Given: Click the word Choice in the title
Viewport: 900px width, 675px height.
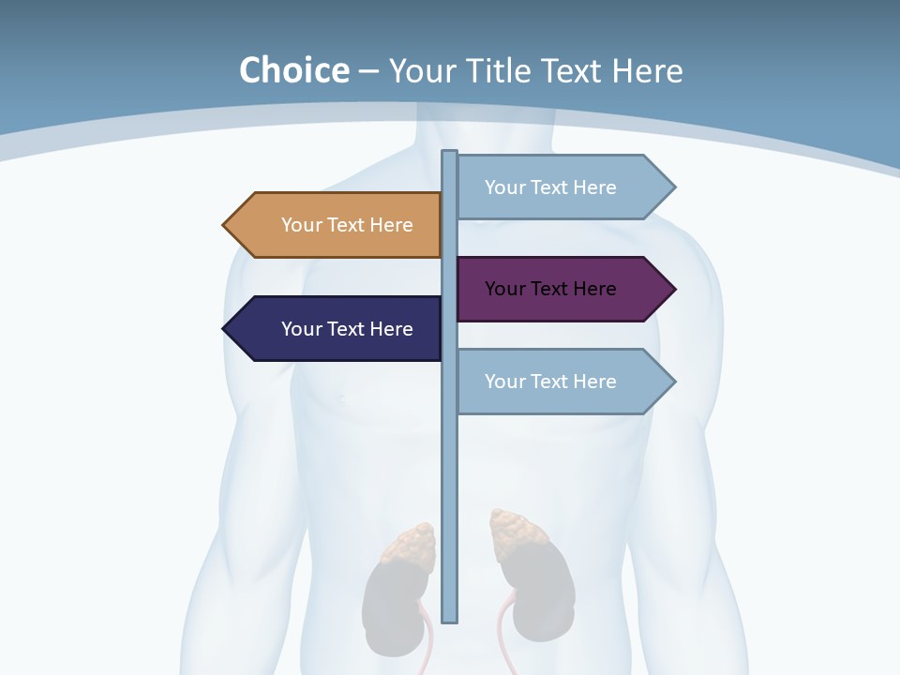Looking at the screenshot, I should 293,70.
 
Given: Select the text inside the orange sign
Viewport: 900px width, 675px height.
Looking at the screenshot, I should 347,225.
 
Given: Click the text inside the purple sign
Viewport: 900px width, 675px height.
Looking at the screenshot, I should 550,289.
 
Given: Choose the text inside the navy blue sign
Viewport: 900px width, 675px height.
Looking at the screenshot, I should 347,329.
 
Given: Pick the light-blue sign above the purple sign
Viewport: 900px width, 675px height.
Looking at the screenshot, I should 562,187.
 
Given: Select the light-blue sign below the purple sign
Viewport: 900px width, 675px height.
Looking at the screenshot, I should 562,382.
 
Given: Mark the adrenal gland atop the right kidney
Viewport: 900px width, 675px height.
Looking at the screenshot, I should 516,530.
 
